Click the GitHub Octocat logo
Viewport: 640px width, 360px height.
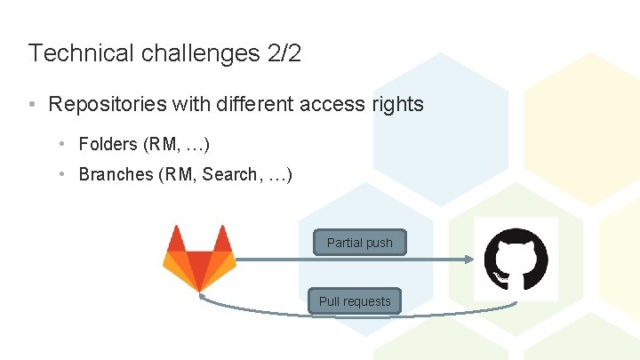(x=516, y=259)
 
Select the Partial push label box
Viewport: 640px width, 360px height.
(x=359, y=243)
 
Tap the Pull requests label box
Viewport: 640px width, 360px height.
(x=355, y=301)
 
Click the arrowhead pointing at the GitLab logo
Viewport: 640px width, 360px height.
(x=204, y=299)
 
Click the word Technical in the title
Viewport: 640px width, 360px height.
(x=80, y=53)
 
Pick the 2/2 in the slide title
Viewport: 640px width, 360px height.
(x=284, y=53)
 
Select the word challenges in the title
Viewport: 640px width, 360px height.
(x=198, y=53)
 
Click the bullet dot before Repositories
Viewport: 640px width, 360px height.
(x=32, y=105)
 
